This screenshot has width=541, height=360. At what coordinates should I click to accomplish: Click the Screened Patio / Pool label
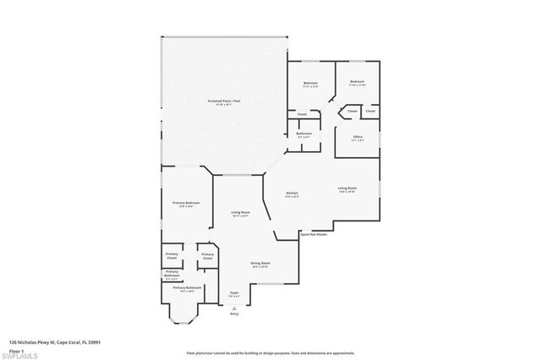224,102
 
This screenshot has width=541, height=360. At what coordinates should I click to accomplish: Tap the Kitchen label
292,194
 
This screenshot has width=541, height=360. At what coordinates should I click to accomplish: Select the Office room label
357,139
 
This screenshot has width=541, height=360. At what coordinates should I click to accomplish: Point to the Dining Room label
260,265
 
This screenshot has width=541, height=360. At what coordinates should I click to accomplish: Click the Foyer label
234,294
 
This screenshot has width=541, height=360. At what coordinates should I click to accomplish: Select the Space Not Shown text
312,234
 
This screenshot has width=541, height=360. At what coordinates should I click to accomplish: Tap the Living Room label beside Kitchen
347,189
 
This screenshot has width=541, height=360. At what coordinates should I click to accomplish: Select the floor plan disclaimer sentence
271,352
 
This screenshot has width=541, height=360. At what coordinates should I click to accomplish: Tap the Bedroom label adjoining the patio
310,83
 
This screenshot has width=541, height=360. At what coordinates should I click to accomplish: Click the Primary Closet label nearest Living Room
206,256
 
